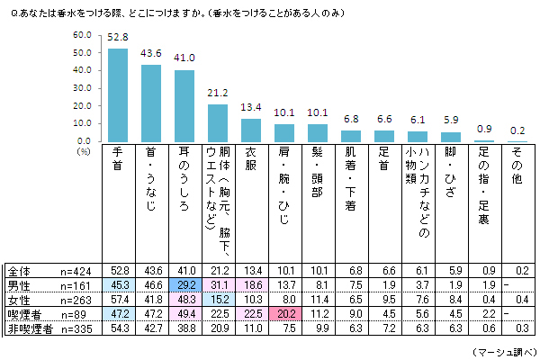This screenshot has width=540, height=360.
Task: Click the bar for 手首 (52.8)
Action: (117, 94)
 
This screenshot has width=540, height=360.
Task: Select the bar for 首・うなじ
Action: (150, 103)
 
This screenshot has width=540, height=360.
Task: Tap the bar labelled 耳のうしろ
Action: (184, 105)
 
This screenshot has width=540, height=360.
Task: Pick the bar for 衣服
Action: (250, 130)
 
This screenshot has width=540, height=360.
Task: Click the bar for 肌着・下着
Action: (351, 136)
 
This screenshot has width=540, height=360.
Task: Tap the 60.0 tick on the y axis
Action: (83, 34)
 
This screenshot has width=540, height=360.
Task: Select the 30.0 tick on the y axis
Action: (83, 88)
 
